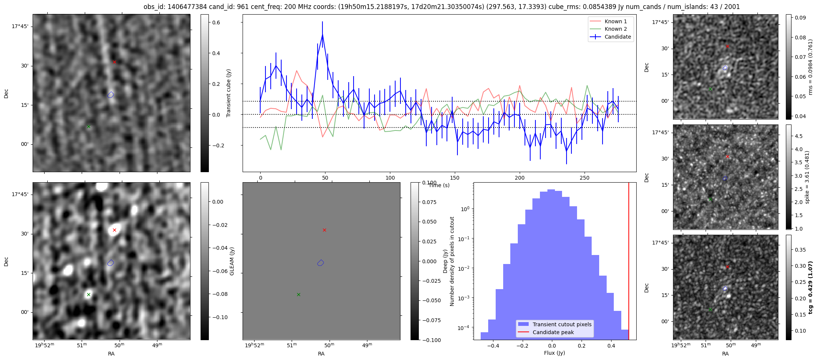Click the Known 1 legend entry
[615, 21]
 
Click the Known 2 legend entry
[615, 29]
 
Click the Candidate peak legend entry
[553, 332]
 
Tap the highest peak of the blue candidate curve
[322, 34]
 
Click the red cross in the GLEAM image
[114, 230]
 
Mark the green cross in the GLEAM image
[88, 294]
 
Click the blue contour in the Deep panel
[320, 263]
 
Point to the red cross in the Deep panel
[324, 230]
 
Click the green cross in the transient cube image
[88, 126]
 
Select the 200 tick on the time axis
[520, 178]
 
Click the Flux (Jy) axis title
[554, 353]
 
